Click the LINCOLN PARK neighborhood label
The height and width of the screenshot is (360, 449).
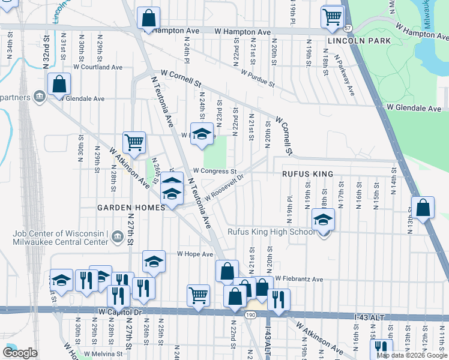[x=359, y=41]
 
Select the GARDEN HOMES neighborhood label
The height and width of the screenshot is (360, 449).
[x=131, y=208]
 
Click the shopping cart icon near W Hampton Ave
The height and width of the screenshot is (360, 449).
[x=332, y=18]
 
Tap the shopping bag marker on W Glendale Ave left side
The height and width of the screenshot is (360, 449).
[x=59, y=86]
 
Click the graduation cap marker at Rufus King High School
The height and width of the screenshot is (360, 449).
[x=324, y=221]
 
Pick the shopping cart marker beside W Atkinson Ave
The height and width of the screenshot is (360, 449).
[x=134, y=143]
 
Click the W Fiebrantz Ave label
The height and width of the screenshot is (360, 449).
[x=299, y=279]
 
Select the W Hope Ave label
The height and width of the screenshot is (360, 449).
[x=194, y=254]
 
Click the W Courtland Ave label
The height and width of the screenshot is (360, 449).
[x=98, y=67]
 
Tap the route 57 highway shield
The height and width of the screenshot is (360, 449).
[x=348, y=28]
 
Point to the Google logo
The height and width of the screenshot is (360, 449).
[x=20, y=353]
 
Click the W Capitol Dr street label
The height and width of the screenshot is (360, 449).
[x=120, y=313]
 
